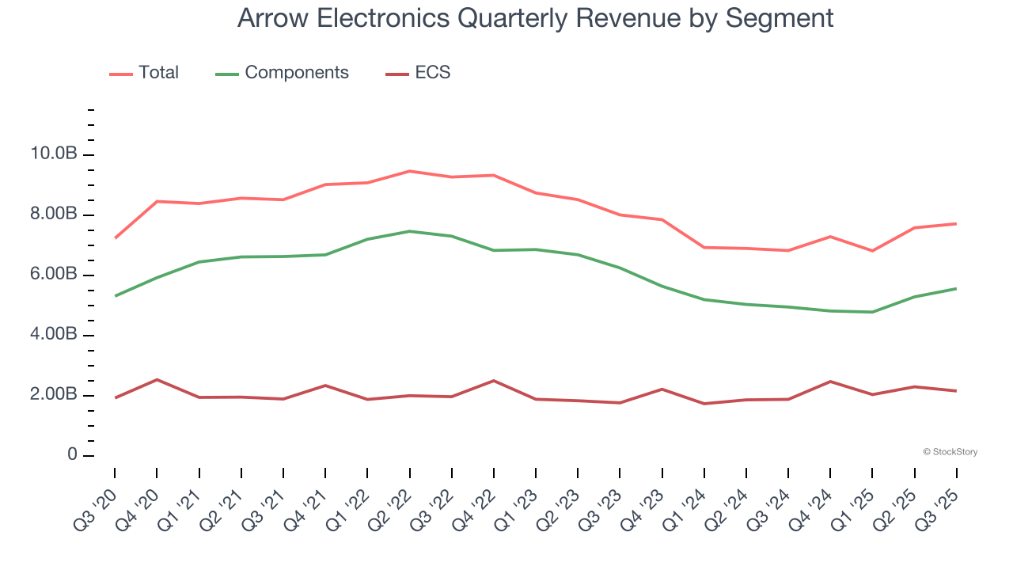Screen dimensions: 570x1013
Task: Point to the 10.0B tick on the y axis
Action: tap(54, 154)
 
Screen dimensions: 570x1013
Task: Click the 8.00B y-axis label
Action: tap(54, 215)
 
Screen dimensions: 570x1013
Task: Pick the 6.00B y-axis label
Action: tap(54, 275)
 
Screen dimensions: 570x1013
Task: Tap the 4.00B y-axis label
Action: tap(54, 335)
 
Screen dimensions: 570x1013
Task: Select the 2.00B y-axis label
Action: tap(54, 395)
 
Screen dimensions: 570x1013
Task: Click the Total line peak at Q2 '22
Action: tap(409, 171)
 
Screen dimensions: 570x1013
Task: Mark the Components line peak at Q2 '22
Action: tap(409, 231)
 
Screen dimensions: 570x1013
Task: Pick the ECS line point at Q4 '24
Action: tap(830, 382)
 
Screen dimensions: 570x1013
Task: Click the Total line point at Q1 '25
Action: tap(872, 251)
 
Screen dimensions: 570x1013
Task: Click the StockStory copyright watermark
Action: tap(950, 452)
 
